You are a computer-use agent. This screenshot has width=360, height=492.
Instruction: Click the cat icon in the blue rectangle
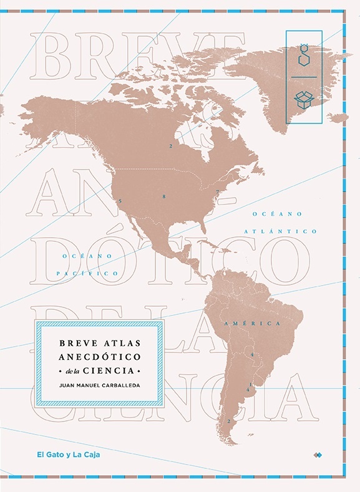[303, 55]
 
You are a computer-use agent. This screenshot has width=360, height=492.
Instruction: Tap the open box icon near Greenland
[303, 98]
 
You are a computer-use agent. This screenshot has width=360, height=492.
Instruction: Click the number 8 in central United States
[163, 197]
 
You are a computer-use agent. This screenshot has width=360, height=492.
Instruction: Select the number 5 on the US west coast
[120, 201]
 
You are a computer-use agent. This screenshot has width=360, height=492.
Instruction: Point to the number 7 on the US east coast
[216, 191]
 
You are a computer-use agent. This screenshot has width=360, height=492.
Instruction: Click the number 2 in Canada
[170, 146]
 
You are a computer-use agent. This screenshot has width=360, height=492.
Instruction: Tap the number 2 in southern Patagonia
[229, 421]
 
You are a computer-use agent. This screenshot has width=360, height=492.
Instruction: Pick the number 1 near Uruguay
[250, 383]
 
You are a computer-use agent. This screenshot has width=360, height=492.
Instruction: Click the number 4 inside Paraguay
[251, 355]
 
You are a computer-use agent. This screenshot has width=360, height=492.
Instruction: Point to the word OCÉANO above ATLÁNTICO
[277, 214]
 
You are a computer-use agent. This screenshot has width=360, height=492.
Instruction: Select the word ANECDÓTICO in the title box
[100, 357]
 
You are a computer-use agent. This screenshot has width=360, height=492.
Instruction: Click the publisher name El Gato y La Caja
[69, 455]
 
